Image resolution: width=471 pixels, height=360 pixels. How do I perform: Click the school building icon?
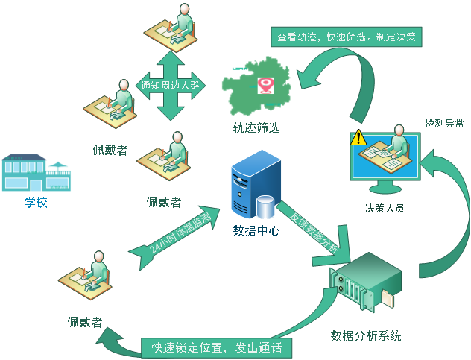[36, 172]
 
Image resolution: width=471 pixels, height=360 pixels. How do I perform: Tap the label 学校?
[36, 202]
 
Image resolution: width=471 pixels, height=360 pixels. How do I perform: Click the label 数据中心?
[256, 230]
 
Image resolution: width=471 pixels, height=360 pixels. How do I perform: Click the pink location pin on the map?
[265, 84]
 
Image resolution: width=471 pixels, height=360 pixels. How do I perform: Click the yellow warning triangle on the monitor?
[359, 137]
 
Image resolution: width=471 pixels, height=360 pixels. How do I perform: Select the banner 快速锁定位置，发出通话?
[215, 347]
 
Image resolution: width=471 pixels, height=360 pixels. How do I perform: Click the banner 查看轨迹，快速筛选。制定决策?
[346, 35]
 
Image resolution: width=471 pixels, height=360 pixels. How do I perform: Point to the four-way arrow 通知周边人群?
[171, 85]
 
